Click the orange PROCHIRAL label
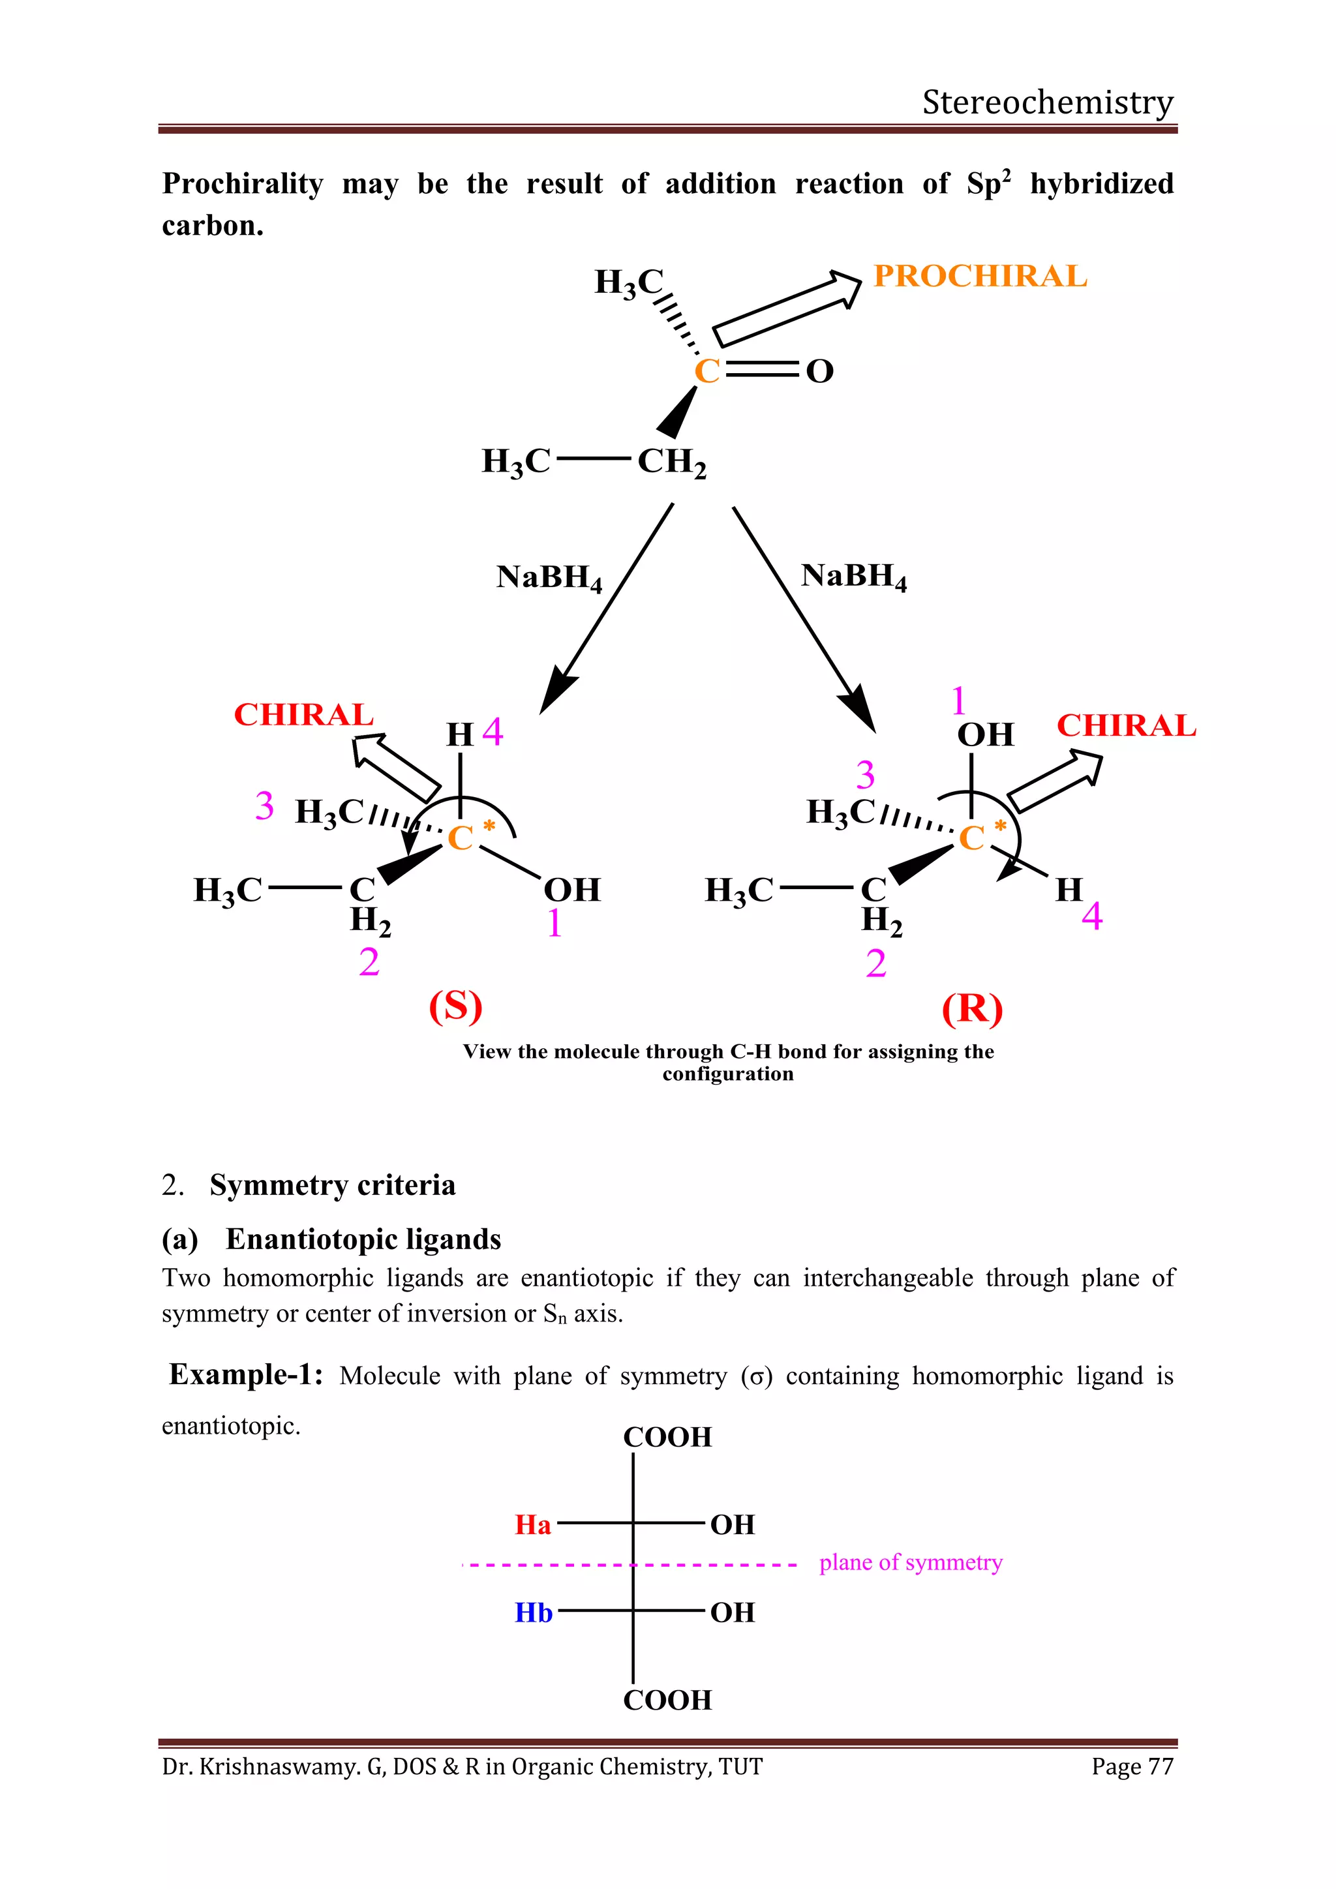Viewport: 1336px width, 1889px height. point(980,277)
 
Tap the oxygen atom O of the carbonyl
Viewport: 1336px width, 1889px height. point(819,372)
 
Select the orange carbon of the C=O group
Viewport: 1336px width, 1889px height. point(706,372)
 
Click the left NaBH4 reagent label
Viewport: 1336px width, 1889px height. point(549,577)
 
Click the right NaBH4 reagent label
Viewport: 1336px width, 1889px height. point(853,576)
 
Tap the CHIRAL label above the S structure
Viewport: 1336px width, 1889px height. point(303,714)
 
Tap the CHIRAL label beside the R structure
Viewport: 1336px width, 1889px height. point(1125,725)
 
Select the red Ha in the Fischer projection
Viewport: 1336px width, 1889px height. point(533,1524)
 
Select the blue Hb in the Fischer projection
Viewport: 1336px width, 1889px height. point(533,1612)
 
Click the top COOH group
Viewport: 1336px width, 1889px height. point(667,1436)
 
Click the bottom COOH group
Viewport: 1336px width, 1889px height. point(667,1700)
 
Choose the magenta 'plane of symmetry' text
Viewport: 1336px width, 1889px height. point(911,1562)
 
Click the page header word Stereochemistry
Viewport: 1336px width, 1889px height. point(1047,102)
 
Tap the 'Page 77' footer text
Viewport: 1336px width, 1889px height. point(1132,1766)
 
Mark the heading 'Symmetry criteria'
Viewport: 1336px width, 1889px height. point(332,1185)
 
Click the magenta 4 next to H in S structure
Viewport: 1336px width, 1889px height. point(492,731)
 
